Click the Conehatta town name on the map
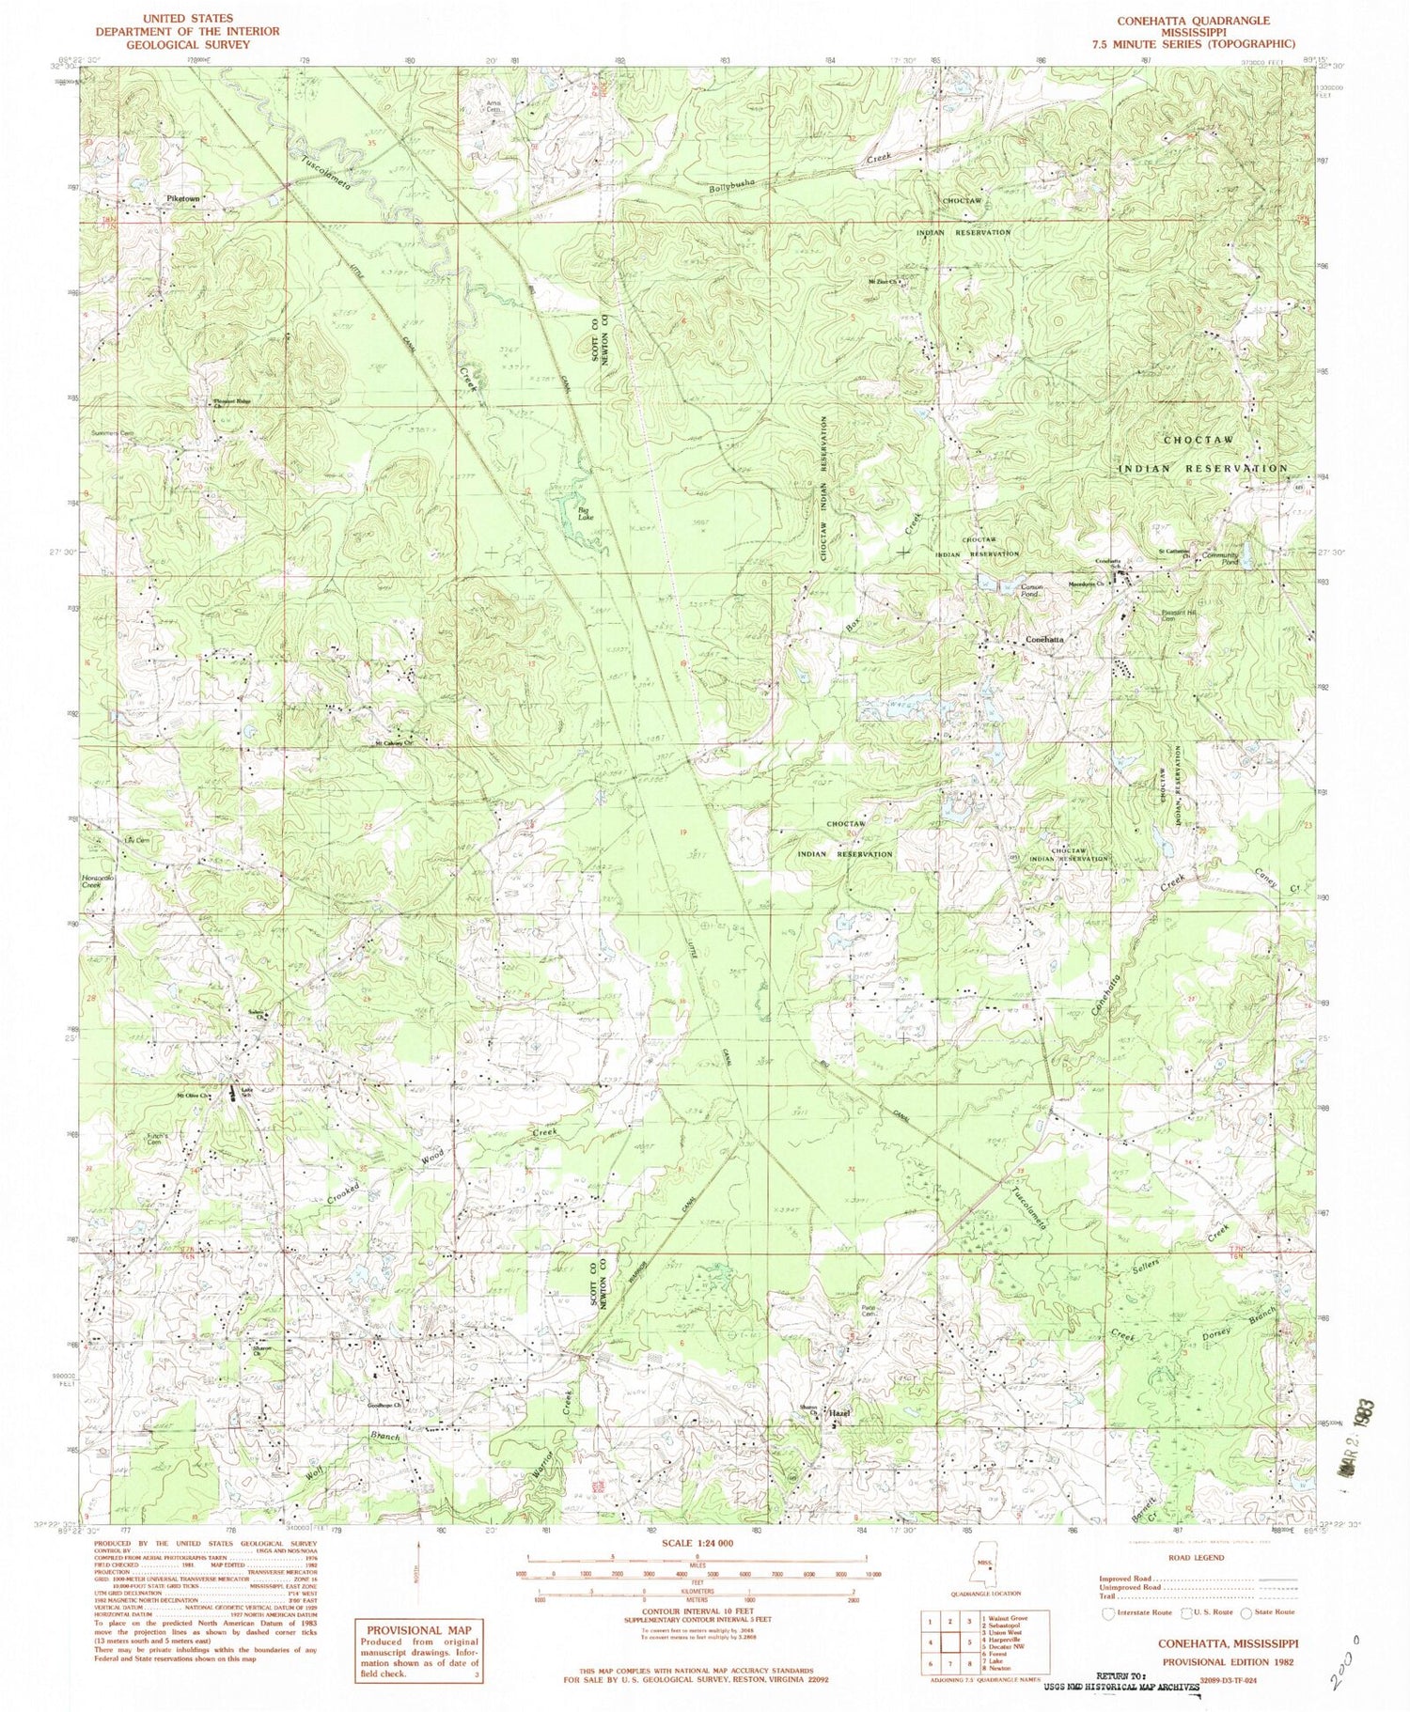click(x=1044, y=639)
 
